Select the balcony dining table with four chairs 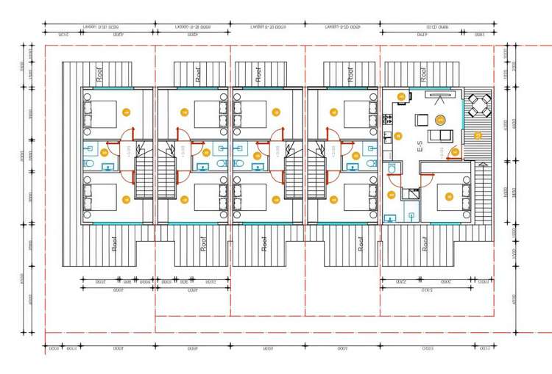pos(480,107)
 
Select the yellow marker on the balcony pos(477,135)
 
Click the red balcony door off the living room pos(455,151)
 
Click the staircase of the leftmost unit pos(145,180)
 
